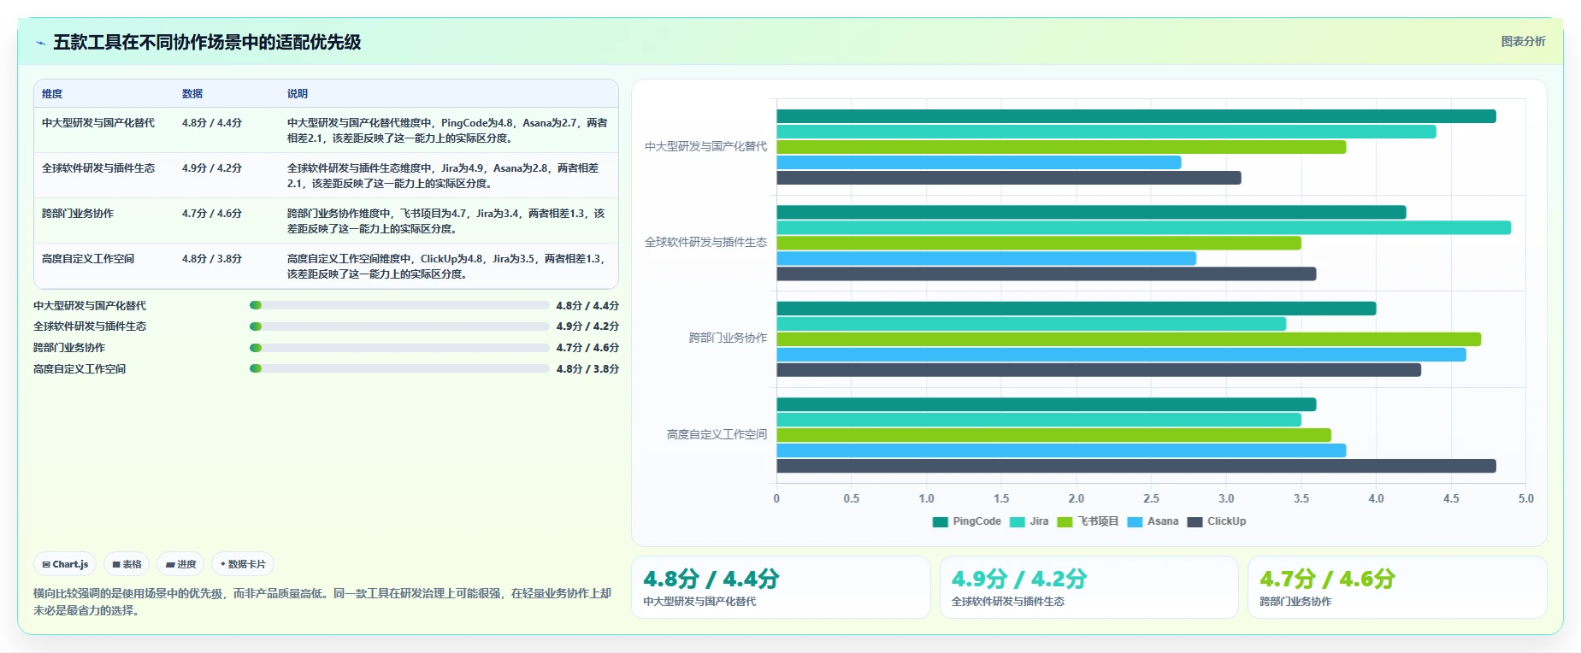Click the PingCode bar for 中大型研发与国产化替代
click(1136, 116)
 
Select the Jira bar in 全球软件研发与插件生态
click(1144, 227)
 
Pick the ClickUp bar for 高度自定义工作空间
click(1136, 466)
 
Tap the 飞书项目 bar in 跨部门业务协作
click(1129, 339)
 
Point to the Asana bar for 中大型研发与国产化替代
click(979, 162)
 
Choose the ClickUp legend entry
click(1217, 521)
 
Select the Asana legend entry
click(1153, 521)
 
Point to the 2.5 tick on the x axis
click(1151, 498)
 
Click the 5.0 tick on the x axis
click(1526, 498)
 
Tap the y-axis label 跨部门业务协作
click(728, 338)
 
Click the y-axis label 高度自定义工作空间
click(717, 434)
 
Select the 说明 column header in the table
click(298, 94)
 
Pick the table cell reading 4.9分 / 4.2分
click(212, 168)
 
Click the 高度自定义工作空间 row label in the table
click(88, 259)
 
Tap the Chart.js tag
click(65, 564)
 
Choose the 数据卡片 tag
click(243, 564)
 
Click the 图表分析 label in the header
click(1524, 41)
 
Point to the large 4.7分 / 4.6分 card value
click(1327, 579)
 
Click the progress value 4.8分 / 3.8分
click(587, 369)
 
